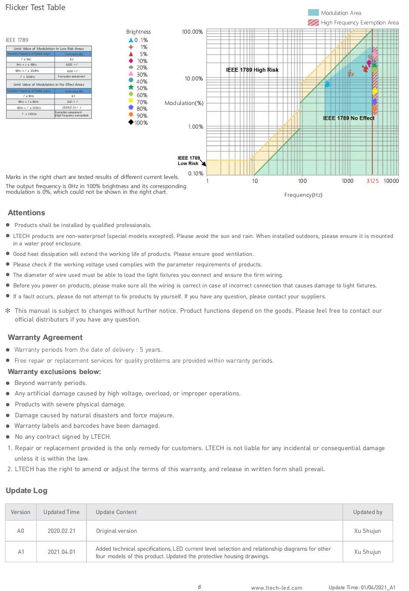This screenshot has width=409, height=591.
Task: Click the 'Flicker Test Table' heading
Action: coord(35,7)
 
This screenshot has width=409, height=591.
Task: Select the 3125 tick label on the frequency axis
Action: coord(372,181)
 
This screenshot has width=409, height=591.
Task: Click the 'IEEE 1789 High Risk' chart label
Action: coord(252,70)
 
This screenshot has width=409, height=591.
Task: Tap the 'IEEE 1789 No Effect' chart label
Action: coord(349,118)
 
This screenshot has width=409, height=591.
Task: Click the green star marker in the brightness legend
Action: coord(131,88)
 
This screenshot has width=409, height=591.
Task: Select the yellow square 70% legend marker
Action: coord(131,101)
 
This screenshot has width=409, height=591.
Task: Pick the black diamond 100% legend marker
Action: coord(131,122)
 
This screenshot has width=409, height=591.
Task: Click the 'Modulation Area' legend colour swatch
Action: coord(313,13)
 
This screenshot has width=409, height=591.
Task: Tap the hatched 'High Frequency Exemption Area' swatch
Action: coord(313,22)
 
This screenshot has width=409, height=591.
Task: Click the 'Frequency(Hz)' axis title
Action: coord(303,195)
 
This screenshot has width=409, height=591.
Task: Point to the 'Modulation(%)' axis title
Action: coord(184,103)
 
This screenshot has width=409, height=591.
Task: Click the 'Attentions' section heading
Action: coord(26,213)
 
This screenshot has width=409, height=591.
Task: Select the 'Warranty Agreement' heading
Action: coord(45,337)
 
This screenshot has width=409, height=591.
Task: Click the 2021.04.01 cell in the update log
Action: coord(61,552)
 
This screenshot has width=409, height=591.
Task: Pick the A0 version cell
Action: coord(21,531)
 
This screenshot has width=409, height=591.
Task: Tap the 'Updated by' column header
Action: coord(367,512)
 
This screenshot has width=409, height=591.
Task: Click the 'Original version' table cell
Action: coord(116,531)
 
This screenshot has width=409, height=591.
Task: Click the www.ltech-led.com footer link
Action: coord(277,588)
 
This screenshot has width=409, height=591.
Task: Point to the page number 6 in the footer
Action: coord(200,587)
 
